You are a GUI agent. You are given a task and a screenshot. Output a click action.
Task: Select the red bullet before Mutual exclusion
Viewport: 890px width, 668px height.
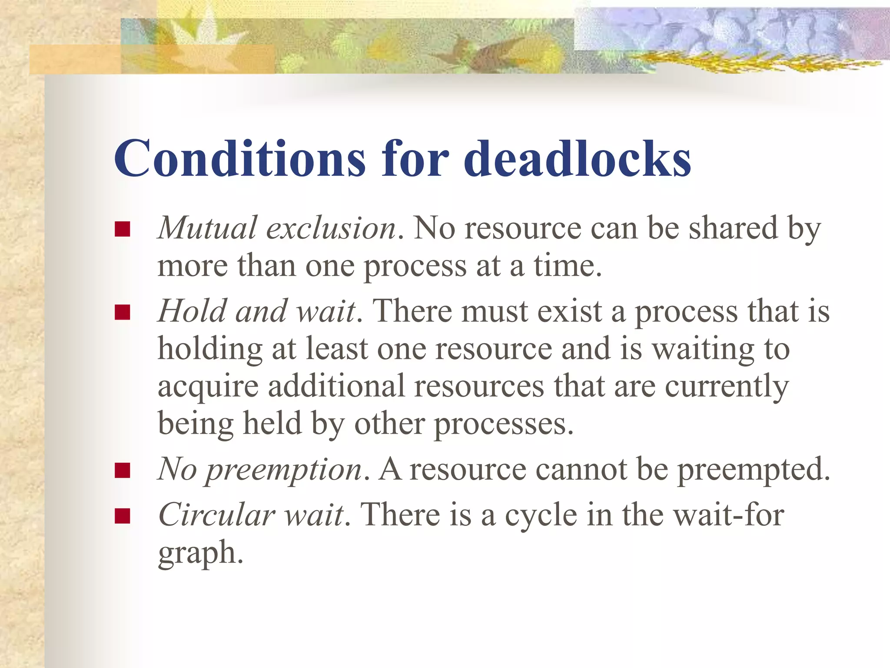(123, 229)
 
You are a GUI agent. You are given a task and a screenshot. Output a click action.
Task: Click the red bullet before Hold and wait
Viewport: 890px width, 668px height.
(123, 312)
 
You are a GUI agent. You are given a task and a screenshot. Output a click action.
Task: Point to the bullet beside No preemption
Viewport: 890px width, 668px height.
(123, 471)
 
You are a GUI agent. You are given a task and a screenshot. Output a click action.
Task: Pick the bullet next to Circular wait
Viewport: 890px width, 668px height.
(123, 516)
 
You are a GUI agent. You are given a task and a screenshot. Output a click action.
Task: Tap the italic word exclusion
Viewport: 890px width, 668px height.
(331, 229)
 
